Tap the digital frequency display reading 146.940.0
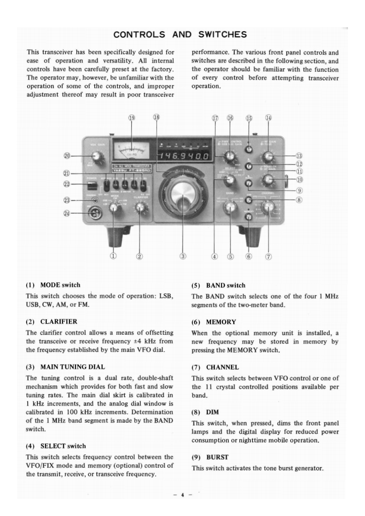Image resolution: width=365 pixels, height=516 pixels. [183, 157]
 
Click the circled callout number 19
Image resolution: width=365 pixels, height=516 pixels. [132, 118]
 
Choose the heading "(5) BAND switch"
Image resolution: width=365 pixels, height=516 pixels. [219, 286]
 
